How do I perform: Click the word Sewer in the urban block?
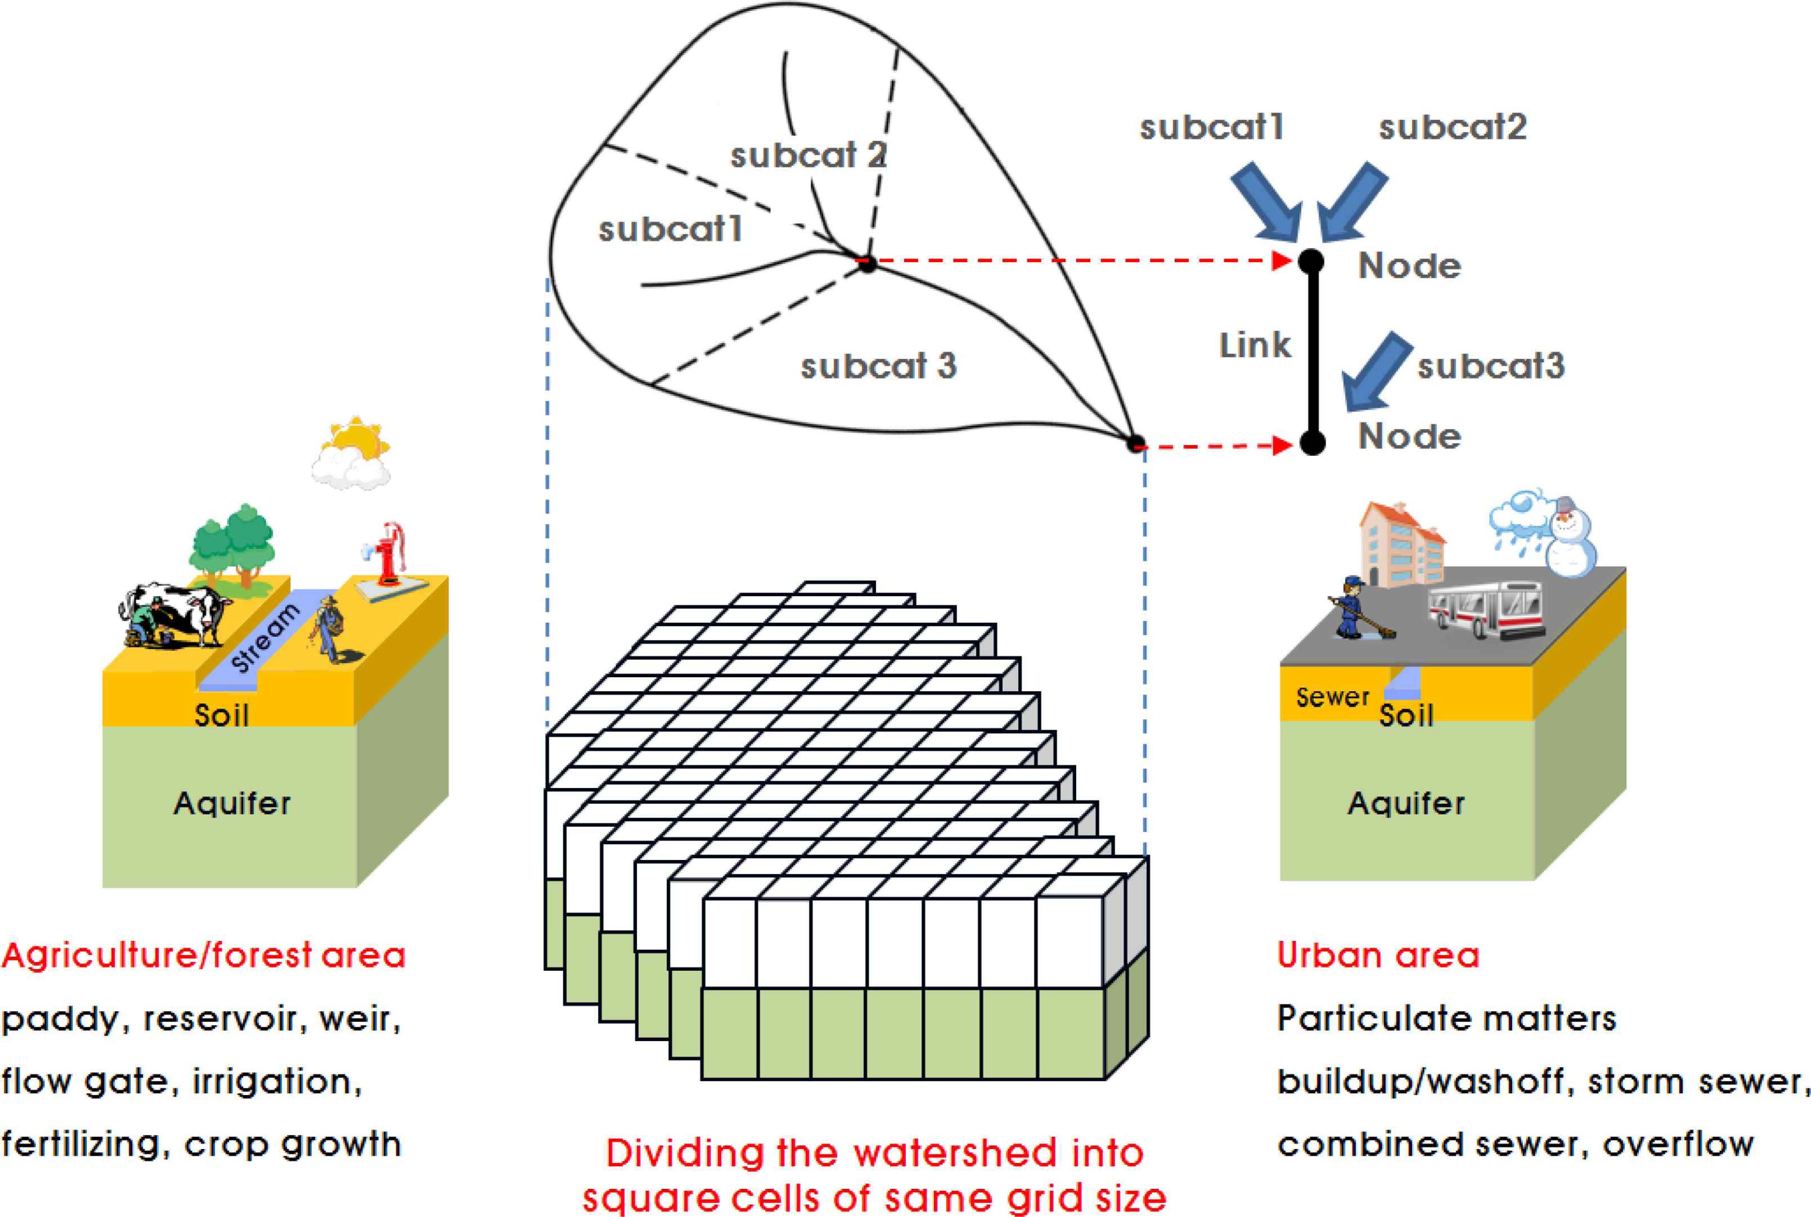pyautogui.click(x=1332, y=697)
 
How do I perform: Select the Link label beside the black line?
pyautogui.click(x=1255, y=345)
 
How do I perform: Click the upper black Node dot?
pyautogui.click(x=1311, y=261)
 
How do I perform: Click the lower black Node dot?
pyautogui.click(x=1311, y=443)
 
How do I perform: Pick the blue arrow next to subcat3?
pyautogui.click(x=1376, y=373)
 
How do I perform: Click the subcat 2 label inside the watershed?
pyautogui.click(x=807, y=155)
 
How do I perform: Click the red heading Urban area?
pyautogui.click(x=1378, y=956)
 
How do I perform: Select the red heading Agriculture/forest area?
pyautogui.click(x=203, y=956)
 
